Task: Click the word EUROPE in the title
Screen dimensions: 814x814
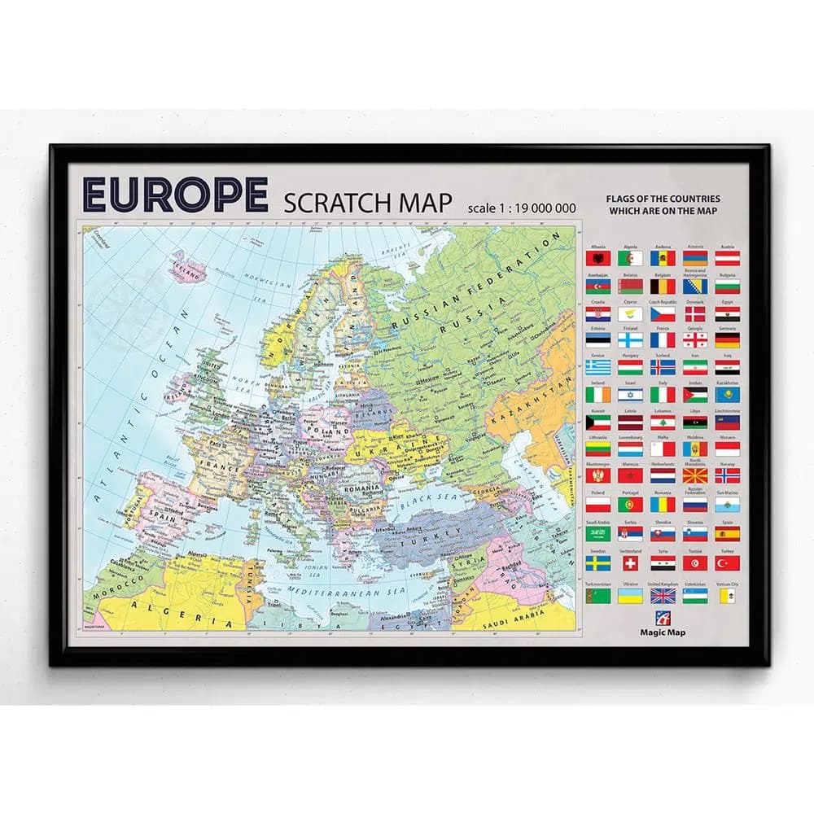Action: click(x=175, y=195)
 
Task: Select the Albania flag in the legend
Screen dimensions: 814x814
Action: click(x=597, y=258)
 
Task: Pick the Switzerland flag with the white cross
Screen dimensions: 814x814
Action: click(x=630, y=563)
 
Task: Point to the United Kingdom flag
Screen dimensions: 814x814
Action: click(x=663, y=595)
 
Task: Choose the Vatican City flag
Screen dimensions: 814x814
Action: click(x=728, y=595)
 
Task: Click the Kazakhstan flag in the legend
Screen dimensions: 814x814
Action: click(x=728, y=395)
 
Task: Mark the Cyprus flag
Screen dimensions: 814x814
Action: click(x=630, y=313)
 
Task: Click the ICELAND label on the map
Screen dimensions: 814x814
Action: click(x=186, y=265)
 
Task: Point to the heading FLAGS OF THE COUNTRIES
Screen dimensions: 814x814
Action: click(x=663, y=199)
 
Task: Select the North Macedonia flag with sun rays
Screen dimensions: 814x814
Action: click(x=695, y=475)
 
